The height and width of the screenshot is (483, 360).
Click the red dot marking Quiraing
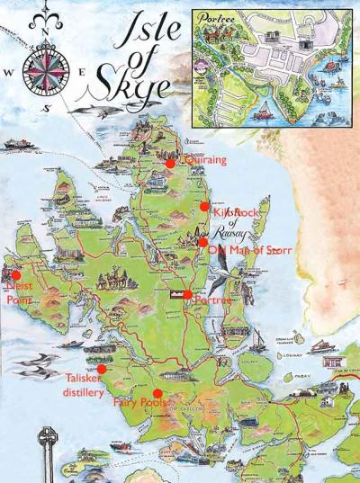(169, 163)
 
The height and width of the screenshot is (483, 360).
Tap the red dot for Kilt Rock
(204, 206)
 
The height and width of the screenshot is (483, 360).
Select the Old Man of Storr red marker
(203, 242)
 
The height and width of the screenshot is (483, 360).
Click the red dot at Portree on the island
(187, 294)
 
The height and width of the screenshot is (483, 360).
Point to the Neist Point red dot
(15, 275)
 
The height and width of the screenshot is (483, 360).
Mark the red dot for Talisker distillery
(102, 369)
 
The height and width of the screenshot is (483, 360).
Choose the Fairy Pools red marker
(157, 393)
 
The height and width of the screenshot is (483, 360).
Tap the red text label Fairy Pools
(139, 405)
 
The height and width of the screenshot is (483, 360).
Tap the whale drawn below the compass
(90, 110)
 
